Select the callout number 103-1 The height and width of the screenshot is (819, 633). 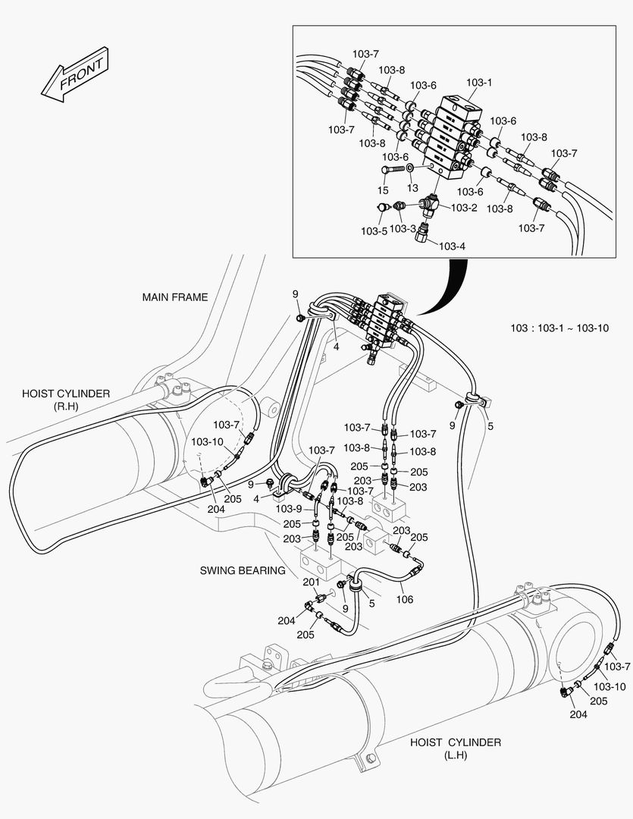pyautogui.click(x=479, y=83)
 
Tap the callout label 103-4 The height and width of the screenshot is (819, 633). pyautogui.click(x=452, y=246)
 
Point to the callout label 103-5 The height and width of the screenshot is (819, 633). pyautogui.click(x=374, y=231)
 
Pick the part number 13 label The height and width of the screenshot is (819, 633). pyautogui.click(x=412, y=187)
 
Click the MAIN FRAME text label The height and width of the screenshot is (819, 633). pyautogui.click(x=174, y=297)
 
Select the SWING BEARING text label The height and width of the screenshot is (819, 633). pyautogui.click(x=243, y=570)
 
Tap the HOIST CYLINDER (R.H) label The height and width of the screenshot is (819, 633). pyautogui.click(x=66, y=400)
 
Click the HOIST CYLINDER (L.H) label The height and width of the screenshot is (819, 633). pyautogui.click(x=455, y=748)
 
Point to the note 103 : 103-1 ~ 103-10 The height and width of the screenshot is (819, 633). pyautogui.click(x=559, y=328)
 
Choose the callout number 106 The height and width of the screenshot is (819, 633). pyautogui.click(x=405, y=599)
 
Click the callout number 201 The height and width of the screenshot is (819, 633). pyautogui.click(x=311, y=582)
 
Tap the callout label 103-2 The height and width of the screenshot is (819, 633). pyautogui.click(x=463, y=207)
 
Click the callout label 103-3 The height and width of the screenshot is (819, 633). pyautogui.click(x=403, y=228)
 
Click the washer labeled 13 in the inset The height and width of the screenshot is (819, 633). pyautogui.click(x=409, y=167)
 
